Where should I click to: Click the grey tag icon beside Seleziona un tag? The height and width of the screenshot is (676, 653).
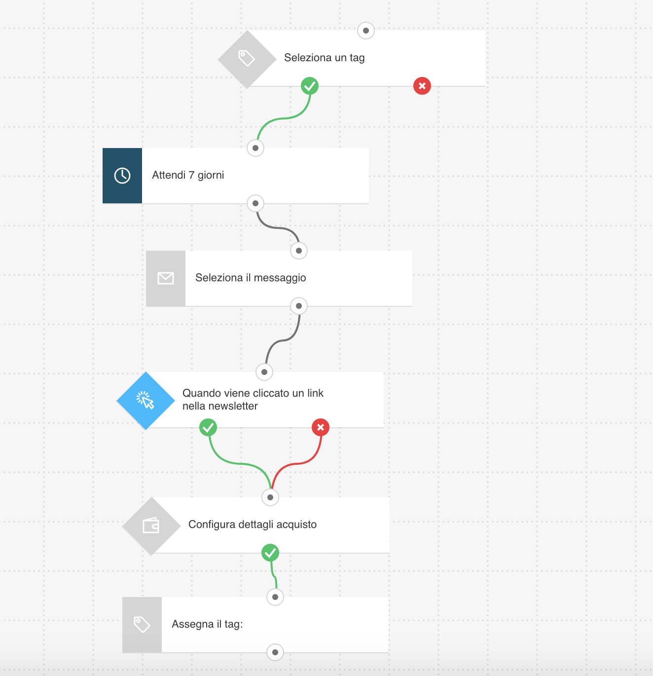[x=247, y=58]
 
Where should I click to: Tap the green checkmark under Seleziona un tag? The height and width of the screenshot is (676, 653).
[x=310, y=86]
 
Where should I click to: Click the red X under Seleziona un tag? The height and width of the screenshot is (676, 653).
[x=422, y=86]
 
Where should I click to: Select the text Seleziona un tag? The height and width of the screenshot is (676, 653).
[x=324, y=58]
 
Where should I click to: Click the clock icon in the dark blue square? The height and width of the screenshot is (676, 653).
[x=122, y=176]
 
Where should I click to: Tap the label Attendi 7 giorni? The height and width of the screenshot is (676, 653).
[x=188, y=175]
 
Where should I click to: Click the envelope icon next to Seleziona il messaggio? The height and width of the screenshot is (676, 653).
[x=166, y=278]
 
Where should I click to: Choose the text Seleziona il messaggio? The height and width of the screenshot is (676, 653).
[x=250, y=278]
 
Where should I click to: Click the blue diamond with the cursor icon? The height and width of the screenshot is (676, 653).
[x=146, y=401]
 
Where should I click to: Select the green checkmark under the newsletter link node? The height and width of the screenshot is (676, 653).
[x=208, y=427]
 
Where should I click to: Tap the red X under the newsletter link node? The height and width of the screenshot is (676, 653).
[x=321, y=427]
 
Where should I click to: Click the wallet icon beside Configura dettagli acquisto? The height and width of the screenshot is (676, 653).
[x=151, y=525]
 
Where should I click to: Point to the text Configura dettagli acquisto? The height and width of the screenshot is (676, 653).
[x=253, y=524]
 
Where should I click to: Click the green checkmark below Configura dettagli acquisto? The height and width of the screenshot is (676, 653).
[x=270, y=553]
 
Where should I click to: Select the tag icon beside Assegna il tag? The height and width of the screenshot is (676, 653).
[x=142, y=625]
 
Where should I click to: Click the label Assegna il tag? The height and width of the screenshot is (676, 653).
[x=207, y=624]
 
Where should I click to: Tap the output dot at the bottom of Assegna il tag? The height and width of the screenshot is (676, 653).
[x=275, y=652]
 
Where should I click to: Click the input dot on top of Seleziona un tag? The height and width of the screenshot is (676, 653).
[x=365, y=31]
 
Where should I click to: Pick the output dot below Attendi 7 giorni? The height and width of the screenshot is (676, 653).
[x=255, y=203]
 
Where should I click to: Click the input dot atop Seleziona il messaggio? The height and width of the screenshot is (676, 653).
[x=298, y=251]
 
